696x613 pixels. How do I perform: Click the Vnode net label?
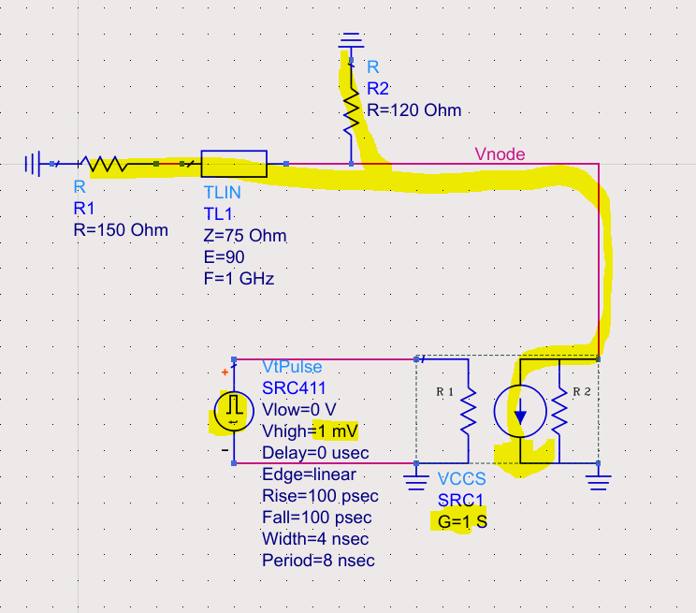pos(500,154)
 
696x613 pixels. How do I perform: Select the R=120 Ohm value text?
pos(413,110)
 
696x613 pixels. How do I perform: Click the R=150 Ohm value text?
pos(121,230)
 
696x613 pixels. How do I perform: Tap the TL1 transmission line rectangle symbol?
pos(235,164)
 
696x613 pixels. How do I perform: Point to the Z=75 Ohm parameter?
pos(245,236)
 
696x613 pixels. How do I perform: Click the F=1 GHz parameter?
pos(239,278)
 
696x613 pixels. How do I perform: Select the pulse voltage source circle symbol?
pos(230,411)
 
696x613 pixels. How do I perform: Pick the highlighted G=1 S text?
pos(462,521)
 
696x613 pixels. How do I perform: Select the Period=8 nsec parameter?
pos(318,561)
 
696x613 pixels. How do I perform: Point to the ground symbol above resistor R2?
pos(351,40)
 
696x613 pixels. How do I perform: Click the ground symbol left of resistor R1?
pos(33,165)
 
